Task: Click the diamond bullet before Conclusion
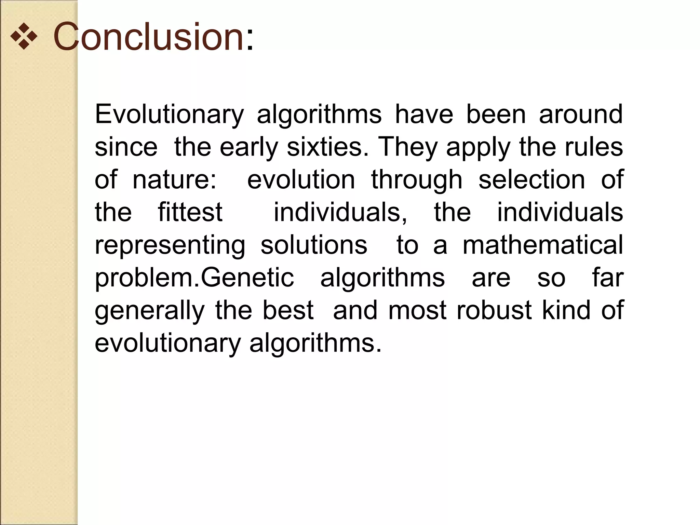pos(24,37)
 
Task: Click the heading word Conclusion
pos(148,36)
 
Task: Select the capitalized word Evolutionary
pos(169,115)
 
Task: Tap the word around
pos(581,115)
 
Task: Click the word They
pos(407,147)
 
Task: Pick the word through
pos(417,180)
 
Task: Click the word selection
pos(531,180)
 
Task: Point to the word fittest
pos(190,212)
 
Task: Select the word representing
pos(170,245)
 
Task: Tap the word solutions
pos(314,245)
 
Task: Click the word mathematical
pos(543,245)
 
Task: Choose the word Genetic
pos(247,277)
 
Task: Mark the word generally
pos(149,310)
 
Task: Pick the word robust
pos(494,310)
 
